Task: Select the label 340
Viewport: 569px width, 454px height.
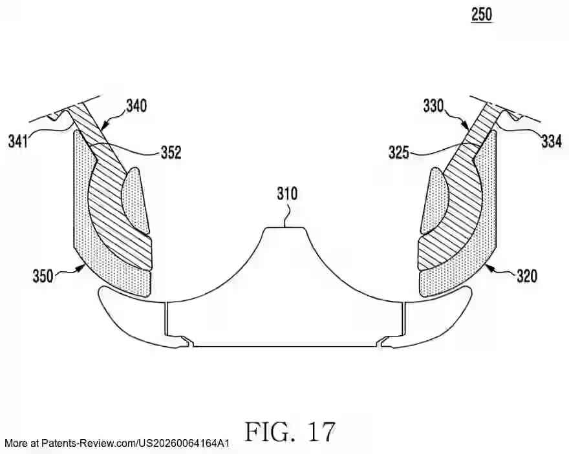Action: pos(135,105)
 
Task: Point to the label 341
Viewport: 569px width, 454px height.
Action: pos(17,140)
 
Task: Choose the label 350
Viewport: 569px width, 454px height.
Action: pos(43,276)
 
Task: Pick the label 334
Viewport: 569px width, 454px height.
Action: pos(551,141)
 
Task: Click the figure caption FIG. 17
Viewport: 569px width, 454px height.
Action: pos(290,430)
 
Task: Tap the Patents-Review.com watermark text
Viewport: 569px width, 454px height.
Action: pos(116,444)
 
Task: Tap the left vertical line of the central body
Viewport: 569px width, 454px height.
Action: pos(166,318)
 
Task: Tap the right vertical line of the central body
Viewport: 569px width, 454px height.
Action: pos(403,318)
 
